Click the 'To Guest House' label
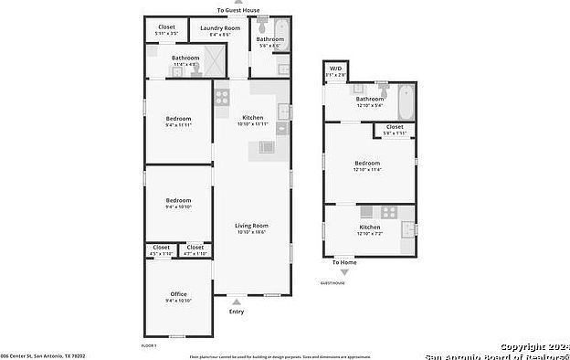click(x=238, y=10)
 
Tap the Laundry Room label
click(x=220, y=28)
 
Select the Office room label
click(x=178, y=294)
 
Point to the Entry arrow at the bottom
click(x=237, y=301)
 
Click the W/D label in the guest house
click(x=335, y=68)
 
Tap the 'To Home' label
click(x=344, y=262)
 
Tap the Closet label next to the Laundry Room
click(x=166, y=27)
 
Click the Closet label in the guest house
click(x=395, y=127)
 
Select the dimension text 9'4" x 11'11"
click(x=178, y=125)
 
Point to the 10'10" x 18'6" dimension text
click(x=252, y=232)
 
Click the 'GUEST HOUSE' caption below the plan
click(x=332, y=283)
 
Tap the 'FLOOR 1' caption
click(x=150, y=345)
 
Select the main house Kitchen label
click(x=252, y=117)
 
